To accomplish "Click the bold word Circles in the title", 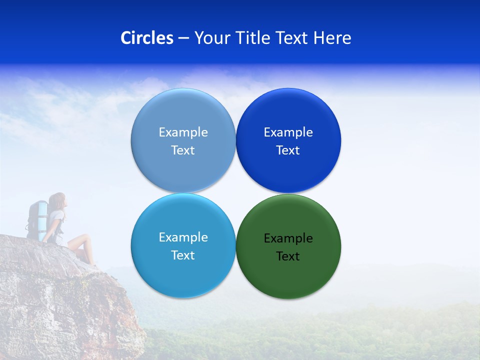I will tap(147, 38).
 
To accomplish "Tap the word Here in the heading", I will tap(332, 38).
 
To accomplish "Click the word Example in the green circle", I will tap(288, 238).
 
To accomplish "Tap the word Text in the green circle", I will tap(288, 256).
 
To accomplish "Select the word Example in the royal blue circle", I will tap(288, 132).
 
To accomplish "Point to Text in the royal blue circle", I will tap(288, 150).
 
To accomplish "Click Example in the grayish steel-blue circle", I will tap(183, 132).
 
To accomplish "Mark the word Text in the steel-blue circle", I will tap(183, 150).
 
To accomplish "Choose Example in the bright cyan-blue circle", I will tap(183, 237).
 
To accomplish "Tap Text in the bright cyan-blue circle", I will tap(183, 255).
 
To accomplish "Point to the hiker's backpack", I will tap(37, 217).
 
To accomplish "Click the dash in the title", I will tap(183, 38).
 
